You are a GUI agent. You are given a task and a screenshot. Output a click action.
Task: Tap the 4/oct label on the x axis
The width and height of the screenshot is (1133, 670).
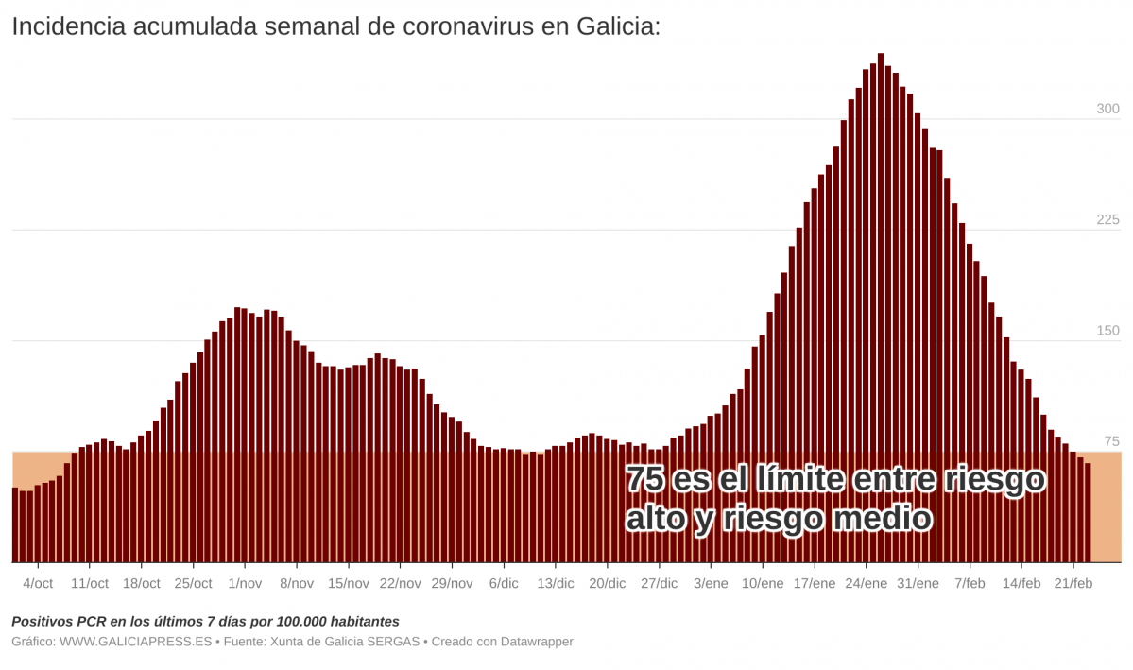(38, 583)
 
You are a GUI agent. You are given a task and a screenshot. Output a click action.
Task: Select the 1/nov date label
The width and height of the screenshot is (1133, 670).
(245, 583)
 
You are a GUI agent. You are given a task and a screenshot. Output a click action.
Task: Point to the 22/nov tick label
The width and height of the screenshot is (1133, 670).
(400, 583)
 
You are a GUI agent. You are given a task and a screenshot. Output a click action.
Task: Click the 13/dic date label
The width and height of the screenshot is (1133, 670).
(556, 583)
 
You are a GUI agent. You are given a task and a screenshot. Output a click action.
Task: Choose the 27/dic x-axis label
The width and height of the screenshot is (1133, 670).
(660, 583)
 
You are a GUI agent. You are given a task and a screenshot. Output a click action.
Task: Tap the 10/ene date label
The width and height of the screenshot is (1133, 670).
(763, 583)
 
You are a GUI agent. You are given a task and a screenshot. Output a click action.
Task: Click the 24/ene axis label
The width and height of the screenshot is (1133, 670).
(867, 583)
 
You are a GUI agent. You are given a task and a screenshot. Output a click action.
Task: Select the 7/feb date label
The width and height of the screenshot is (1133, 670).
(970, 583)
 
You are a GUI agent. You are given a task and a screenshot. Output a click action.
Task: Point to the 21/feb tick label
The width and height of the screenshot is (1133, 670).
(1073, 583)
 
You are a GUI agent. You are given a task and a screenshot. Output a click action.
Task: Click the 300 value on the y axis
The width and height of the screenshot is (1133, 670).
(1107, 109)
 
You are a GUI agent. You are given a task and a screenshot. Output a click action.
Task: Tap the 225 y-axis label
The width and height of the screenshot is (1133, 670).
(1107, 220)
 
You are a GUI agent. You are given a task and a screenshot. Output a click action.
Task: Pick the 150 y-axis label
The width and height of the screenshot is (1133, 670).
(1107, 331)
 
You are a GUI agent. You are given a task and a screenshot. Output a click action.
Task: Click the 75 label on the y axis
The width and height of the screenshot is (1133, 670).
(1111, 441)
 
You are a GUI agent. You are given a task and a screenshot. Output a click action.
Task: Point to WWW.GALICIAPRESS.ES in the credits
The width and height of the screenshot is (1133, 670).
(136, 642)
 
